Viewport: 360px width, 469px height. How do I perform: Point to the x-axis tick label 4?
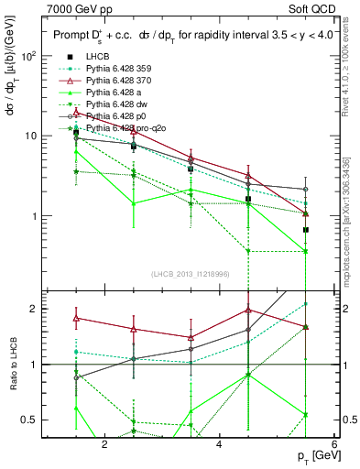pyautogui.click(x=219, y=444)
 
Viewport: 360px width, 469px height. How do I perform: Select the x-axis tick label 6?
pyautogui.click(x=333, y=444)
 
